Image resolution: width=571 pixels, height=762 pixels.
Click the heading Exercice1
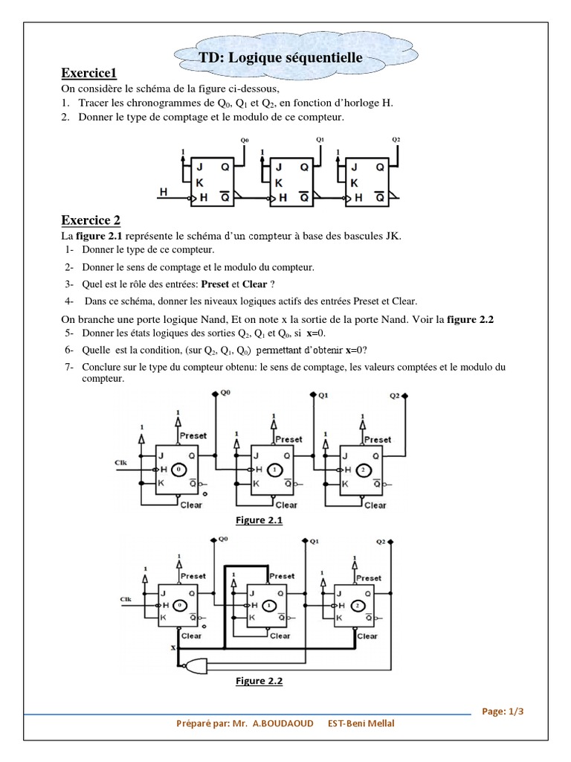(89, 73)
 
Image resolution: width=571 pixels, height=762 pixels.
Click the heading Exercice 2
(91, 220)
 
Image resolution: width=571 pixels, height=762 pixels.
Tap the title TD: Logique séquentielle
(280, 57)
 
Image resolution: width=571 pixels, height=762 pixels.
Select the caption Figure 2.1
(259, 520)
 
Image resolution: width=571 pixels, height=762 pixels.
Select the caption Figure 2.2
(259, 680)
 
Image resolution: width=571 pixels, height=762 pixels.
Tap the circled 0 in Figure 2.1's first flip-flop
(178, 470)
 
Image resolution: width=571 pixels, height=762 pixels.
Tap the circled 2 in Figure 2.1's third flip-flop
(362, 470)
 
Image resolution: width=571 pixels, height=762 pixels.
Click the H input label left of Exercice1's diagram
(164, 193)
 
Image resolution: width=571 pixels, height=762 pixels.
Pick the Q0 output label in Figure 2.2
(222, 540)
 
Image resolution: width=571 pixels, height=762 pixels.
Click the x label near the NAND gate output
(174, 649)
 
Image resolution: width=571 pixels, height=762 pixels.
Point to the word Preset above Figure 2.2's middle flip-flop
(281, 576)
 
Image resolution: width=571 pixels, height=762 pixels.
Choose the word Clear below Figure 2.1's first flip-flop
(191, 505)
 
